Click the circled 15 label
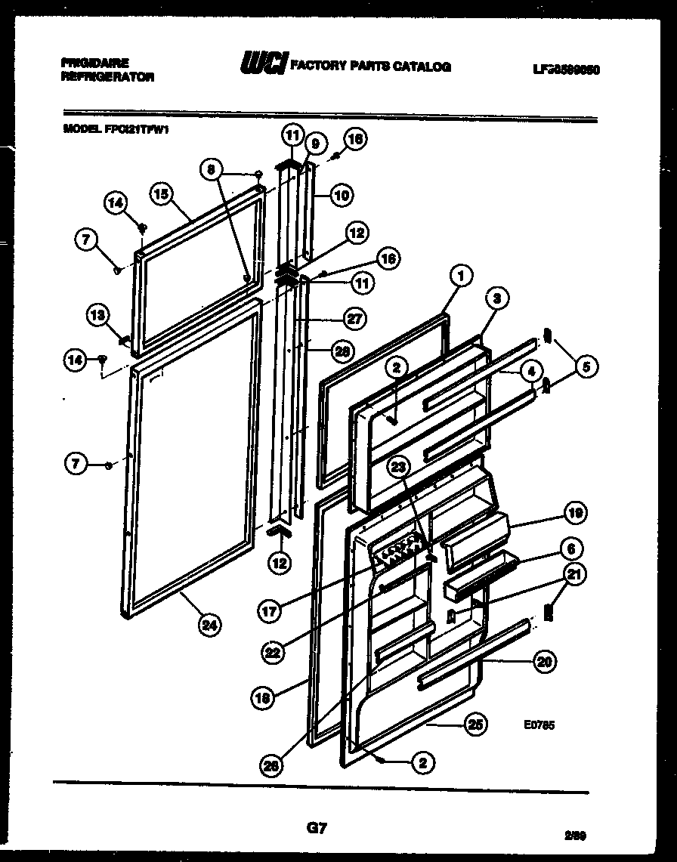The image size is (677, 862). click(x=160, y=193)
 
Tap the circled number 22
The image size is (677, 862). click(x=274, y=652)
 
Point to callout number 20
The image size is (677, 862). click(x=544, y=663)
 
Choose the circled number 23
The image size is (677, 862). click(x=398, y=468)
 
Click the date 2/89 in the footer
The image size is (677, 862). click(x=576, y=836)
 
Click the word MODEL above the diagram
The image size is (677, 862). click(x=79, y=129)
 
